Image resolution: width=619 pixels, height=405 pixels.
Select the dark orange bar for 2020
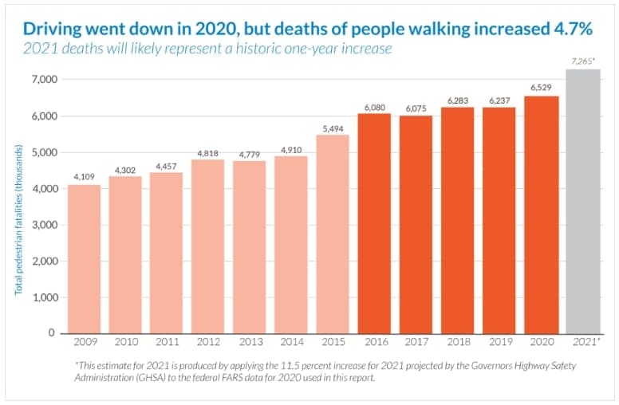click(x=541, y=214)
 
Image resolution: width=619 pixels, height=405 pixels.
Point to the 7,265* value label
click(x=583, y=61)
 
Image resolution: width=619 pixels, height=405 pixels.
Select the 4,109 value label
click(x=85, y=176)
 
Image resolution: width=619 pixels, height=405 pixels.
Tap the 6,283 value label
click(x=458, y=99)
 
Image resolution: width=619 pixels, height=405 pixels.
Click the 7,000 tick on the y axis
click(x=41, y=80)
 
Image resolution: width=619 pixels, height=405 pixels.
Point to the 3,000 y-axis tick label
click(x=41, y=225)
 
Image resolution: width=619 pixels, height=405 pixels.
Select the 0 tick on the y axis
click(x=51, y=333)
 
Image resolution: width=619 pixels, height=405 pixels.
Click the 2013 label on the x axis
click(x=250, y=344)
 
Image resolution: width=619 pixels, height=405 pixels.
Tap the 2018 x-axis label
click(x=458, y=344)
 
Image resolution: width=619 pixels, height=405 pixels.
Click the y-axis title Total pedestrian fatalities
click(x=18, y=215)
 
